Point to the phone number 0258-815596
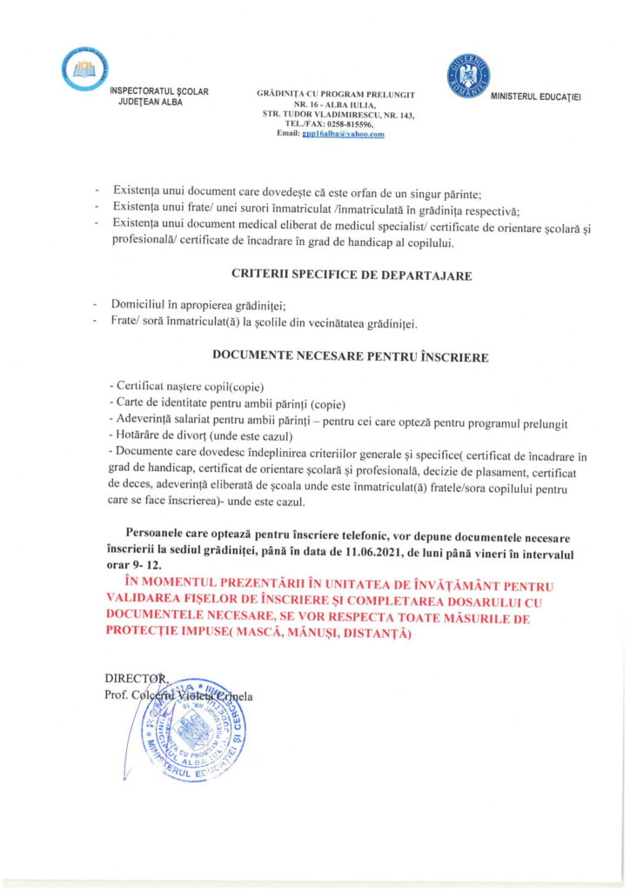[349, 124]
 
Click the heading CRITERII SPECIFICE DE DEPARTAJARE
[352, 275]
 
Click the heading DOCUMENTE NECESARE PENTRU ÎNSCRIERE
[350, 356]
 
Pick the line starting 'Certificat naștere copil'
[188, 386]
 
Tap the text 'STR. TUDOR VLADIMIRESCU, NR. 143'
[339, 115]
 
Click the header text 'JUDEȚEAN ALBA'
[151, 102]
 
